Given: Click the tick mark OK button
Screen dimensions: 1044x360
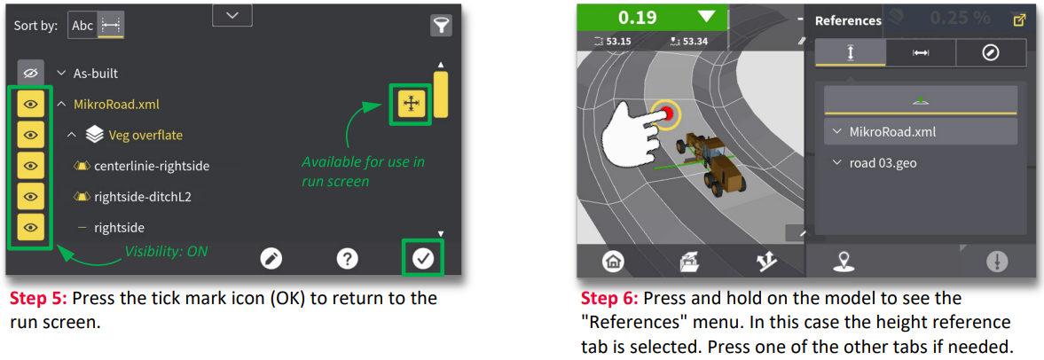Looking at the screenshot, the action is coord(423,258).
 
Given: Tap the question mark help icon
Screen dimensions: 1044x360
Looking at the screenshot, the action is coord(347,258).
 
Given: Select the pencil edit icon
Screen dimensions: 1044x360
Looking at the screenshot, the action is coord(271,258).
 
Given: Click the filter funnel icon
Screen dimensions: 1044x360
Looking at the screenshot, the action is coord(441,26).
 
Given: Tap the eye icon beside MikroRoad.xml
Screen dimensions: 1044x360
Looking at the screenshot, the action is coord(30,104).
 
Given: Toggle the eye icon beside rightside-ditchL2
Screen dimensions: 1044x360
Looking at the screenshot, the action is coord(30,196).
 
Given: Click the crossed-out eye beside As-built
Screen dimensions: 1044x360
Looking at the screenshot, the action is coord(30,74).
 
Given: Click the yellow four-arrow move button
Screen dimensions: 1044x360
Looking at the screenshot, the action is coord(411,104).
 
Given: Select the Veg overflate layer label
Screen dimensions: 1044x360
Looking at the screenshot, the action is coord(145,135).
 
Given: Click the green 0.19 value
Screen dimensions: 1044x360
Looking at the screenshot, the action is coord(634,18).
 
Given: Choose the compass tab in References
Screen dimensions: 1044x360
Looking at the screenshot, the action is coord(991,53).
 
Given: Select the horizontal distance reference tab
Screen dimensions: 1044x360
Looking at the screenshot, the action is coord(921,53).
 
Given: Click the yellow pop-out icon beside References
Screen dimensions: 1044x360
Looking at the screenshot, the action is coord(1018,20).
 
